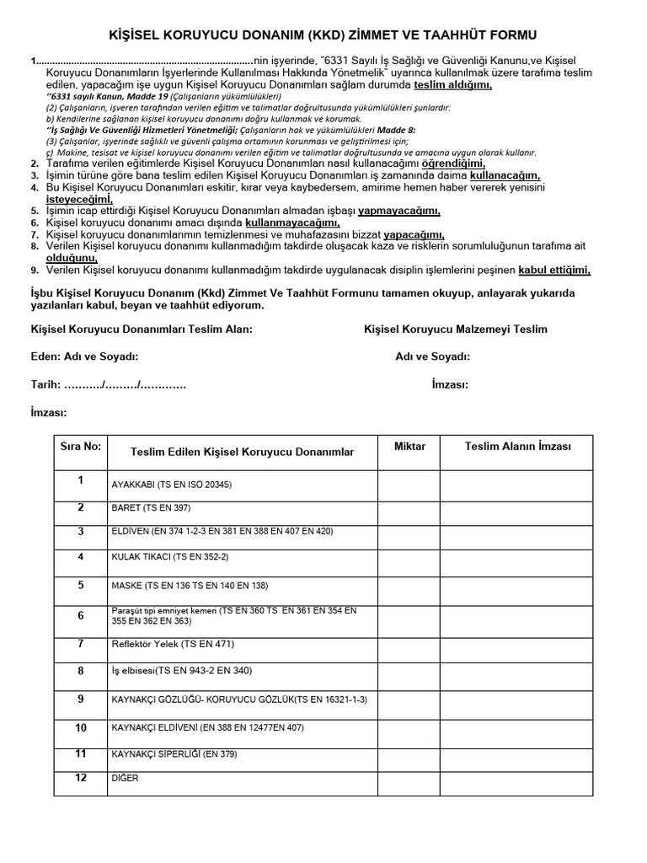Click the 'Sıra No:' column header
pos(80,447)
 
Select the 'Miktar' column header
pos(409,447)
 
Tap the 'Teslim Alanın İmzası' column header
pos(517,447)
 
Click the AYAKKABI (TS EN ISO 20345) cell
pos(172,485)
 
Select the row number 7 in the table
pos(81,644)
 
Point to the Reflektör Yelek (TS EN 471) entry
pos(173,645)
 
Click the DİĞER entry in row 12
pos(125,779)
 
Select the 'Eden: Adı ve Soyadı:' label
pos(84,356)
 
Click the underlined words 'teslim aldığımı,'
pos(452,86)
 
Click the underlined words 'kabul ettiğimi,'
pos(554,270)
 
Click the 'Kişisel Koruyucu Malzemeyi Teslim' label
pos(456,329)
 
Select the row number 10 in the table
pos(81,727)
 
